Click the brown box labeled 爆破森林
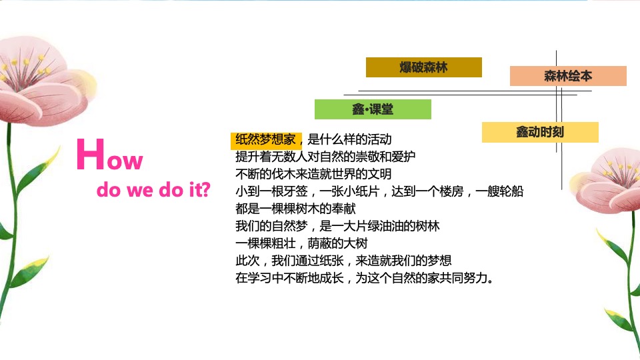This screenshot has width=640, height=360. [x=423, y=67]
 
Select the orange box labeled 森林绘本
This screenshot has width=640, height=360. [x=568, y=76]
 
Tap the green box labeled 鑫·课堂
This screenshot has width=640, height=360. [x=373, y=109]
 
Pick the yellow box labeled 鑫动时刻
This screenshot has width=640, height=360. [x=540, y=132]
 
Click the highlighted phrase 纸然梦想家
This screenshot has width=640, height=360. [x=266, y=140]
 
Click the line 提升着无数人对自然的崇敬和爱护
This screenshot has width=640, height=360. [x=325, y=157]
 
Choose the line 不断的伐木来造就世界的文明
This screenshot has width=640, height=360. [x=313, y=175]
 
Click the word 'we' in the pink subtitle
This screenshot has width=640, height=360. [x=143, y=191]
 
